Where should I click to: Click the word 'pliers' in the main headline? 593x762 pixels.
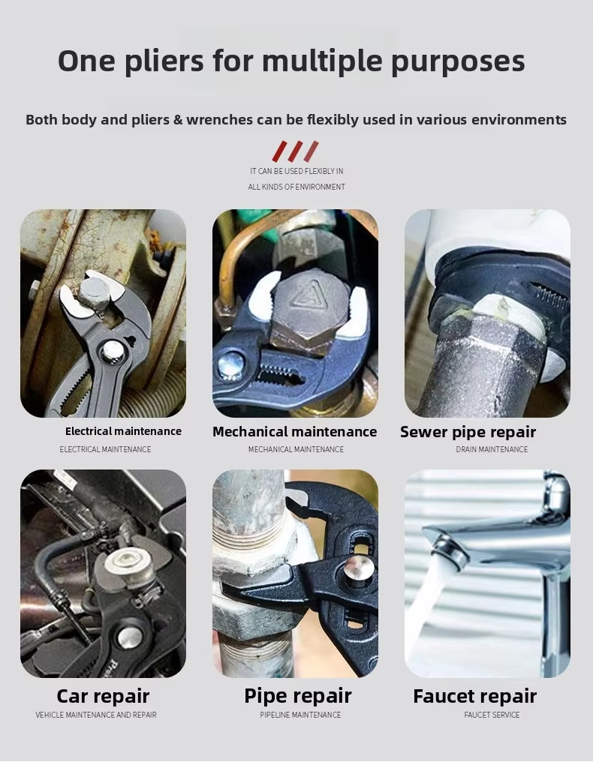point(164,61)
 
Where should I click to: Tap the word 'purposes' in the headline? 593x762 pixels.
point(458,61)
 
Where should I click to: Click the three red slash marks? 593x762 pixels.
point(295,151)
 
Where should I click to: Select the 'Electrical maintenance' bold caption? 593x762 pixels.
point(123,431)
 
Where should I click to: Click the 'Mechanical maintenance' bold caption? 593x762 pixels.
point(295,431)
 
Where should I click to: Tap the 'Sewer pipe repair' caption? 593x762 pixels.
point(468,432)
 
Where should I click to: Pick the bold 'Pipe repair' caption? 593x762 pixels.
point(298,696)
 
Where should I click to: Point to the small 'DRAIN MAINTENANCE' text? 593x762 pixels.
point(492,449)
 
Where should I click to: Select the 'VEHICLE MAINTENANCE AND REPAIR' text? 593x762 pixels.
point(96,715)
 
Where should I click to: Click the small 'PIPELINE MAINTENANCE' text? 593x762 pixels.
point(300,715)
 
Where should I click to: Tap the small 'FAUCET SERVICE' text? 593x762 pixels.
point(492,715)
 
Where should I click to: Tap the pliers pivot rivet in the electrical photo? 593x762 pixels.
point(113,351)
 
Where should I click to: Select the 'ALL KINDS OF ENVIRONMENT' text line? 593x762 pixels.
point(296,187)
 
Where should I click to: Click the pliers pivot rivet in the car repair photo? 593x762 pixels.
point(130,637)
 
